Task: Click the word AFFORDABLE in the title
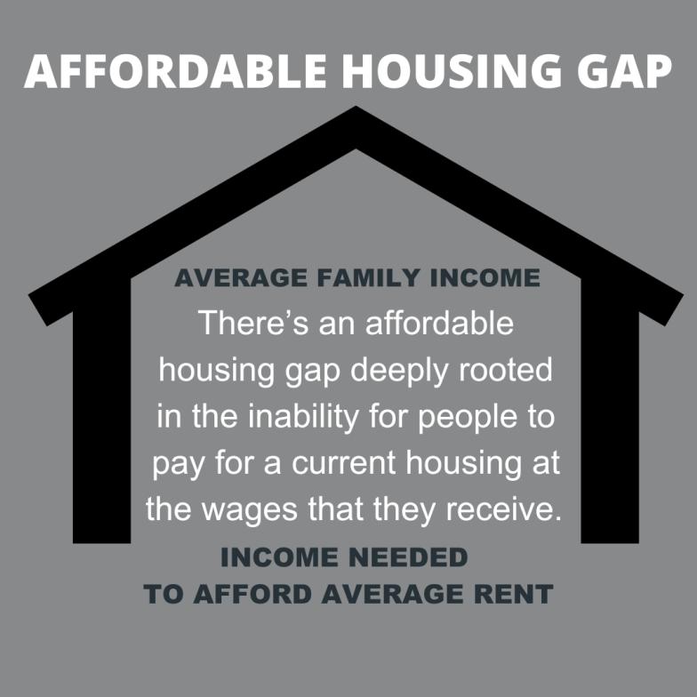175,71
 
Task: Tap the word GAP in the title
624,71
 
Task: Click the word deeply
399,372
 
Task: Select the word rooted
505,369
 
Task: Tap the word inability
303,418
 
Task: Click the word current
343,462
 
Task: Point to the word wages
249,510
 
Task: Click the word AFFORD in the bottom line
252,594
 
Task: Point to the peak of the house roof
356,107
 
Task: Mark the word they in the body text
404,510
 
